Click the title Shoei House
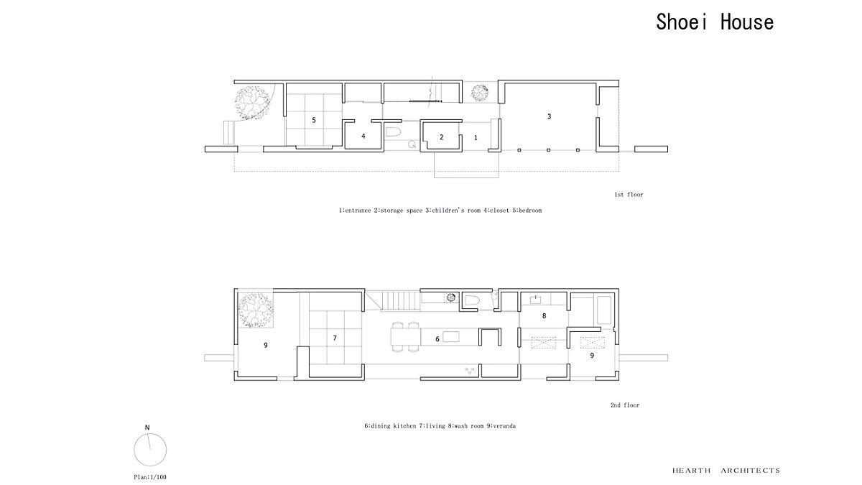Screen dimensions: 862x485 pos(715,22)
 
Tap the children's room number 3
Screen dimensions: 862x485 pos(549,116)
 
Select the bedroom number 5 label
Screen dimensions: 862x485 pos(314,120)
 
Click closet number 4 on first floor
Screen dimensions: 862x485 pos(363,136)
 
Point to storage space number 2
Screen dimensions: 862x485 pos(441,137)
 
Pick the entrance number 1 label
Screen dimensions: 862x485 pos(476,137)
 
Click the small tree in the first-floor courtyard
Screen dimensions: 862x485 pos(480,93)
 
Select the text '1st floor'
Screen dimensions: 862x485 pos(629,195)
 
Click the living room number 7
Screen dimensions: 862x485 pos(335,338)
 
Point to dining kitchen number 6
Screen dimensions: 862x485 pos(437,339)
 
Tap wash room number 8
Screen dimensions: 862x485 pos(544,315)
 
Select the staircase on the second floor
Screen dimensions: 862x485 pos(399,301)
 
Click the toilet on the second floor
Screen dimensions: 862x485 pos(471,300)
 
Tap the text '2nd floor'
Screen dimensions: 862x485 pos(625,405)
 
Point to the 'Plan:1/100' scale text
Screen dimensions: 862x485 pos(150,477)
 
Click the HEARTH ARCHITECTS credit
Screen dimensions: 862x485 pos(726,471)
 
